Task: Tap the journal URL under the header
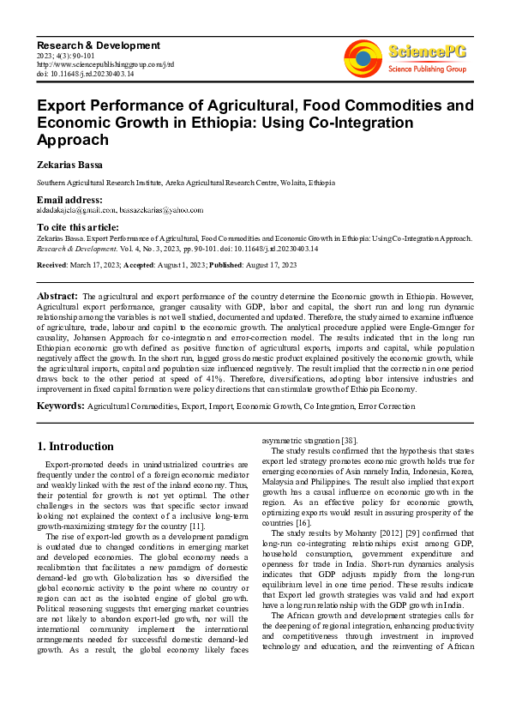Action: tap(105, 64)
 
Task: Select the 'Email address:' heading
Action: tap(69, 200)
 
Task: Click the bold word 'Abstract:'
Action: tap(57, 296)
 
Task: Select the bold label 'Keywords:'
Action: tap(60, 405)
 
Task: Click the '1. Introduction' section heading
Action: tap(75, 447)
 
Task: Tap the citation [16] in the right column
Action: tap(322, 522)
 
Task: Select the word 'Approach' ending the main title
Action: tap(72, 140)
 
